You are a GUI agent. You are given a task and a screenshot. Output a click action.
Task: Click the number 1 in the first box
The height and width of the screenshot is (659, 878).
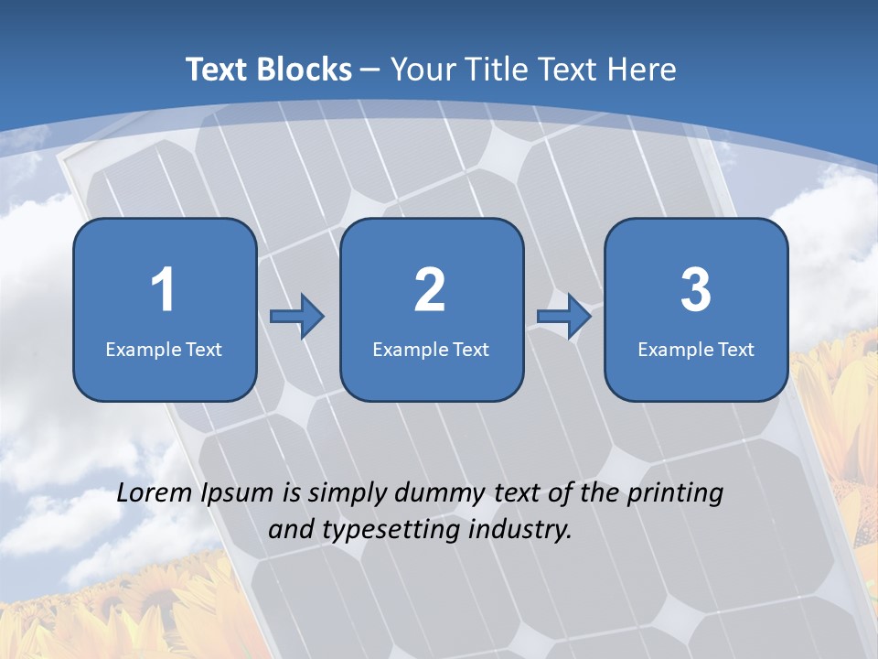pyautogui.click(x=163, y=290)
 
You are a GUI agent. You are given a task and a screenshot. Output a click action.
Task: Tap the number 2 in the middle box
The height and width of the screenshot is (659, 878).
pyautogui.click(x=430, y=290)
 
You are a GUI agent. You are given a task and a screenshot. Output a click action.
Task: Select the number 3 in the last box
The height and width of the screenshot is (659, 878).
pyautogui.click(x=695, y=290)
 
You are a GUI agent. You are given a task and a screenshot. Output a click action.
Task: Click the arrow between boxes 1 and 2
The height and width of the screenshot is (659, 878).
pyautogui.click(x=297, y=317)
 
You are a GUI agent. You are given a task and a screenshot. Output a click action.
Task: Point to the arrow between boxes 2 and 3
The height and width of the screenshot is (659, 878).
pyautogui.click(x=563, y=317)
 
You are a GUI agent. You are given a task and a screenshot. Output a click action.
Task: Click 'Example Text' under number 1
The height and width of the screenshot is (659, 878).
pyautogui.click(x=164, y=349)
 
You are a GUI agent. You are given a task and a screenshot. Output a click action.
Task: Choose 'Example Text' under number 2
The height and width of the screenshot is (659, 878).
pyautogui.click(x=431, y=349)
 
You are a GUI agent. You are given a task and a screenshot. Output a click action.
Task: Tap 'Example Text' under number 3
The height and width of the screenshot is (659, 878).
pyautogui.click(x=696, y=349)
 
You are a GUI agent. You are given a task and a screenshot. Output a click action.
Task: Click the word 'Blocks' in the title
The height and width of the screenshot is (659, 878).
pyautogui.click(x=305, y=70)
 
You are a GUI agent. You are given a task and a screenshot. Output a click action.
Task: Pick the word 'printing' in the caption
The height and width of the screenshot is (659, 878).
pyautogui.click(x=675, y=493)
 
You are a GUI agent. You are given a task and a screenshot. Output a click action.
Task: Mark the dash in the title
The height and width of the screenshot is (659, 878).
pyautogui.click(x=371, y=70)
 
